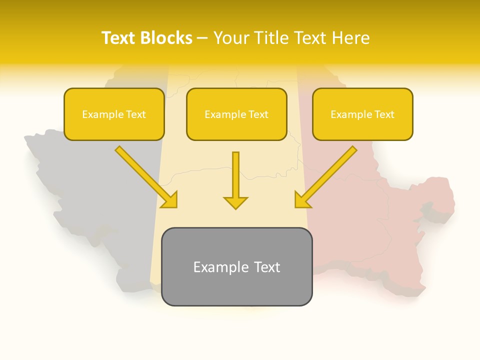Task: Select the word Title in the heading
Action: pyautogui.click(x=271, y=38)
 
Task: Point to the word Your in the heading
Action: pyautogui.click(x=230, y=38)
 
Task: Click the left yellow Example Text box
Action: pyautogui.click(x=114, y=114)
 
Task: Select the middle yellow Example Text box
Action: pyautogui.click(x=236, y=114)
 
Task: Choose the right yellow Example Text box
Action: pyautogui.click(x=362, y=114)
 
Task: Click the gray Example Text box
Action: pyautogui.click(x=236, y=267)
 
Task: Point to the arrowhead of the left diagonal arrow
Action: pyautogui.click(x=170, y=200)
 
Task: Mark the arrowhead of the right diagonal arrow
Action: pyautogui.click(x=302, y=200)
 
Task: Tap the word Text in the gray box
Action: pyautogui.click(x=267, y=267)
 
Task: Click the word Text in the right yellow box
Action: pyautogui.click(x=384, y=114)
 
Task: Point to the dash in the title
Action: pyautogui.click(x=202, y=38)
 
